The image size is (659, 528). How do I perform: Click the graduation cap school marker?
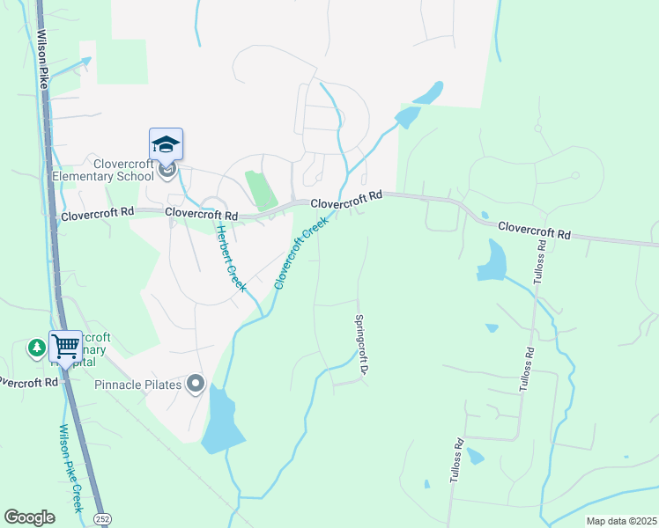point(166,143)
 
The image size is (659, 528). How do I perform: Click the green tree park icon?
point(36,348)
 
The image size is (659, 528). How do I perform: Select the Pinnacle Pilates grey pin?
point(196,384)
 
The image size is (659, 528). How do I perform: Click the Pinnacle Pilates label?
point(139,385)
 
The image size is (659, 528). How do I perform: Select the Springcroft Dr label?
point(360,345)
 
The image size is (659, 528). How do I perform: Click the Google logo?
point(29,517)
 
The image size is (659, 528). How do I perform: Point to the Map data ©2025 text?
point(620,521)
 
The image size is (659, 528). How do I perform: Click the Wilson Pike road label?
point(42,61)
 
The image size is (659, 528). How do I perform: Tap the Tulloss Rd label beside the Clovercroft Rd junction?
point(538,260)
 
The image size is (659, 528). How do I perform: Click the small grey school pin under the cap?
point(168,167)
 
